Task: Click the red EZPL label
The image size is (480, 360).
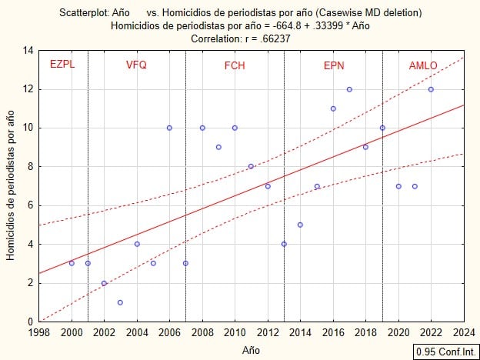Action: tap(62, 65)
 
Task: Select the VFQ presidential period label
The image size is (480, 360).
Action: tap(136, 65)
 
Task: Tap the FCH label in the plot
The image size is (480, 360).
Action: tap(235, 65)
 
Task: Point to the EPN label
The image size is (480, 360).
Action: tap(334, 65)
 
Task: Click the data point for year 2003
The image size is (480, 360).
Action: tap(120, 302)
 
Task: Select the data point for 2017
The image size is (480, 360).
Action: tap(349, 89)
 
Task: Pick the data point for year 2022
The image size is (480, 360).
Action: tap(431, 89)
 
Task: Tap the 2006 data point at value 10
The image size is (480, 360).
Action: tap(169, 128)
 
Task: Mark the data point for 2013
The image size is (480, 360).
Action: tap(284, 244)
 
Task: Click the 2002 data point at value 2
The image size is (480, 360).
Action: tap(104, 283)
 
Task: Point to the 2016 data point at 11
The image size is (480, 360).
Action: tap(333, 108)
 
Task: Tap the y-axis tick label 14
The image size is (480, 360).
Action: tap(28, 51)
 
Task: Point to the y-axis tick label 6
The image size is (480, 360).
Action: tap(29, 205)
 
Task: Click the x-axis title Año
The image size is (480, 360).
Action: tap(251, 349)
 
